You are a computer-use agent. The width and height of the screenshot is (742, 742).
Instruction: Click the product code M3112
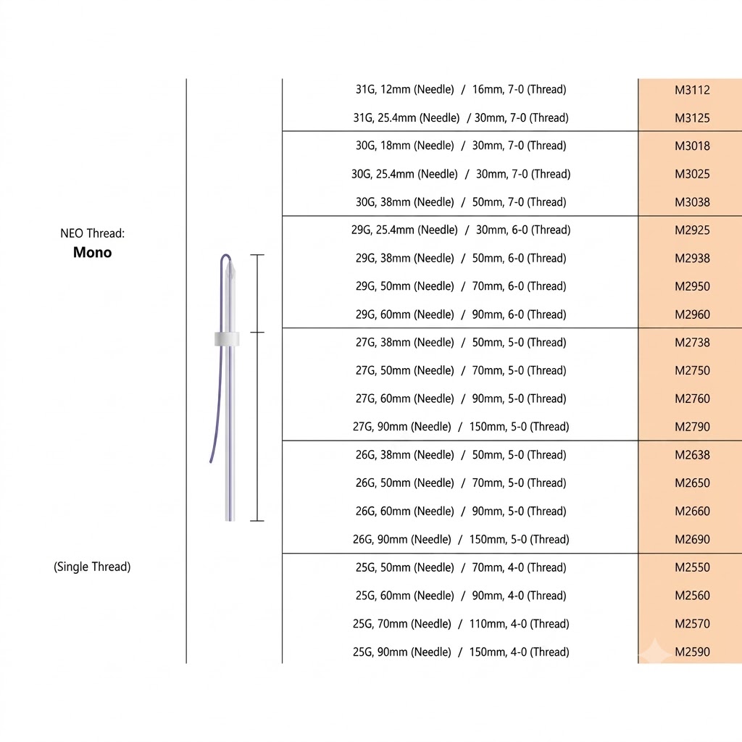(692, 90)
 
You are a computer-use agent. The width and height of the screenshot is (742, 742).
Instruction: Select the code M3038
(692, 202)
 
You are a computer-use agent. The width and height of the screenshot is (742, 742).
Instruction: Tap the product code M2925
(692, 230)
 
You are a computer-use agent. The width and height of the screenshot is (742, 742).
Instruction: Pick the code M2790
(692, 427)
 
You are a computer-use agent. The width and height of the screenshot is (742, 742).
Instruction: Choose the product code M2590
(692, 651)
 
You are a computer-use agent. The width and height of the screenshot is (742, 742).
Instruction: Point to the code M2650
(692, 483)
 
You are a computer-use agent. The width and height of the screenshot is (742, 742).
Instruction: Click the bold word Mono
(92, 252)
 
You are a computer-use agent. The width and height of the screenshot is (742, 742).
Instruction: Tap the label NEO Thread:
(92, 233)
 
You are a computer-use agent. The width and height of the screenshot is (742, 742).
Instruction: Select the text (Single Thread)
(92, 567)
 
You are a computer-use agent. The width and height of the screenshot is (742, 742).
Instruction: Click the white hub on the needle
(227, 339)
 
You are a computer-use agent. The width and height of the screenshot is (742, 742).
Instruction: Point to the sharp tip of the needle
(230, 262)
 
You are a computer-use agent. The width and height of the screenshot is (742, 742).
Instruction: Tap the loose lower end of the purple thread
(211, 462)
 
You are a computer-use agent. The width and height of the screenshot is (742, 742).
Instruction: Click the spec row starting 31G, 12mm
(461, 89)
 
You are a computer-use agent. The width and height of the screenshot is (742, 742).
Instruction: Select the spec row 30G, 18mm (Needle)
(461, 146)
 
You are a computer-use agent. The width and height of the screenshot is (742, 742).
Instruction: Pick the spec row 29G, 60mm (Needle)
(461, 314)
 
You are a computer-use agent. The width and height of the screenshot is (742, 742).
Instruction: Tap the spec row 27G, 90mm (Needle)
(461, 427)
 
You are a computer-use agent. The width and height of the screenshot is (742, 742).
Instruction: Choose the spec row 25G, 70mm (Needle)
(461, 624)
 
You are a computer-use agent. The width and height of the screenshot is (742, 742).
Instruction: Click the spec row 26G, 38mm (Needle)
(461, 455)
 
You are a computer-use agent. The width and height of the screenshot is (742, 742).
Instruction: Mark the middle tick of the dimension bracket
(257, 332)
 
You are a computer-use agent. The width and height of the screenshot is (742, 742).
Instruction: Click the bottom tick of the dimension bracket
(257, 521)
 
